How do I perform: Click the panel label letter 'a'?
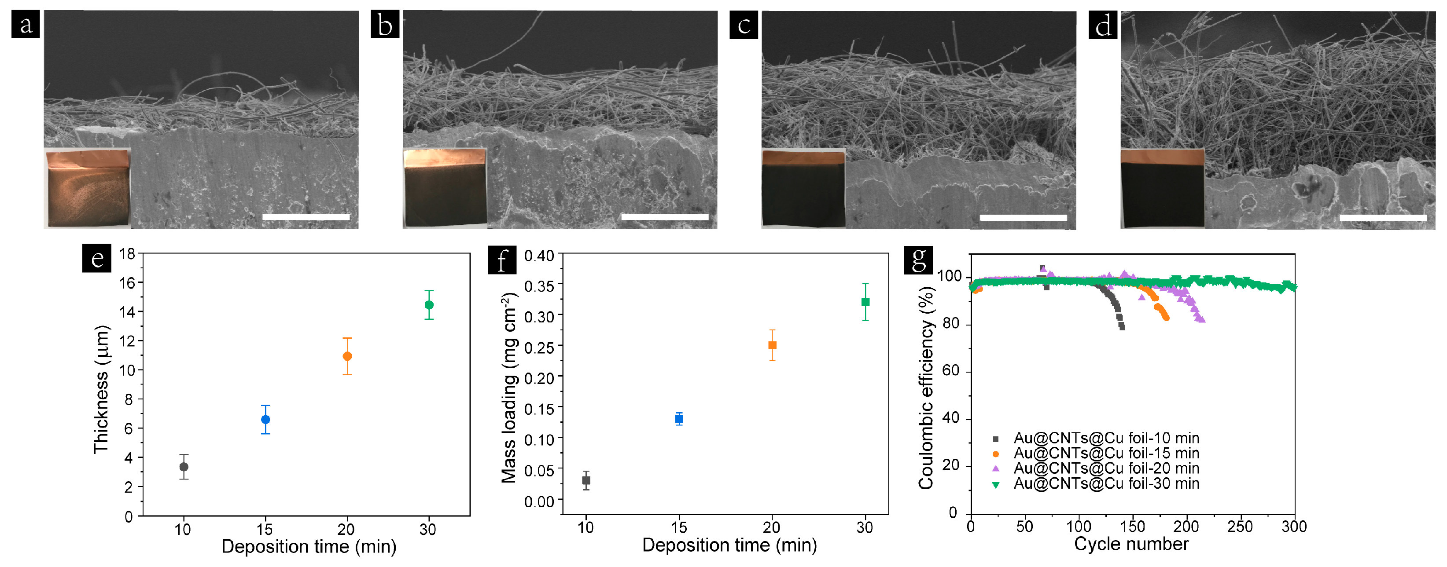25,25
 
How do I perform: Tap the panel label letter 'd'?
1103,25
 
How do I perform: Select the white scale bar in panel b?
665,217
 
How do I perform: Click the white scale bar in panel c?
1023,217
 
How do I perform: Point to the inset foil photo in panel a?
88,188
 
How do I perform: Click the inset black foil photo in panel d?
1162,188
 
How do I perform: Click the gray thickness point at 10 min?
184,467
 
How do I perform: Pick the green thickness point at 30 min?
429,305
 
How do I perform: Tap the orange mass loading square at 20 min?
773,345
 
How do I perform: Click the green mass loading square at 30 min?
865,302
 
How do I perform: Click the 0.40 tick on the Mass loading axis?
539,256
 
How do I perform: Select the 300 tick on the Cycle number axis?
1294,527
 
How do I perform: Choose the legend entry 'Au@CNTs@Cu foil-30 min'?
1105,483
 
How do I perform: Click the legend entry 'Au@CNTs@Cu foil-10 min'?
1105,438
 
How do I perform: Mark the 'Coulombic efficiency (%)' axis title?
925,388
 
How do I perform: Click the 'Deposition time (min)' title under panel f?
729,545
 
